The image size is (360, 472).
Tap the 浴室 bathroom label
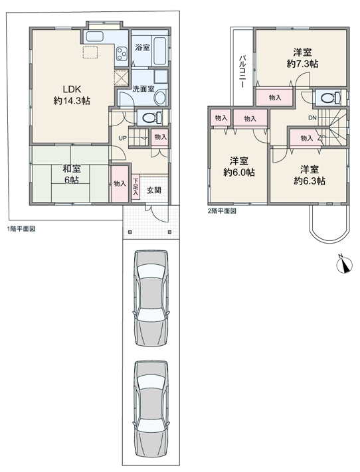(x=143, y=47)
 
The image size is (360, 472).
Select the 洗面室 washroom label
(x=143, y=89)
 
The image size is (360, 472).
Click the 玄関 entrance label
(x=153, y=190)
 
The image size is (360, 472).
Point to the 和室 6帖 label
(x=71, y=174)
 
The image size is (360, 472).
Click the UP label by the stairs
(x=122, y=138)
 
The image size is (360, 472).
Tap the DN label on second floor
(x=312, y=118)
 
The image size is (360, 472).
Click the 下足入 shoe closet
(x=135, y=187)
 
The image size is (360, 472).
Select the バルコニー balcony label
(x=242, y=71)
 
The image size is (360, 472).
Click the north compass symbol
(x=344, y=265)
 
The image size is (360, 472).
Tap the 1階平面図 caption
(x=21, y=229)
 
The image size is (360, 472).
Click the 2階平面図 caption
(x=222, y=210)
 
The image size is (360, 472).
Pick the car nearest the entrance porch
(x=151, y=298)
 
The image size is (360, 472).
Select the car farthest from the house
(x=151, y=410)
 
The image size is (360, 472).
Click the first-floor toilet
(x=152, y=118)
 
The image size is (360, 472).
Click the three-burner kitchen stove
(x=122, y=54)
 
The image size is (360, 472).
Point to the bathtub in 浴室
(x=159, y=50)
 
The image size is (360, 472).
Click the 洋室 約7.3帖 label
(x=302, y=58)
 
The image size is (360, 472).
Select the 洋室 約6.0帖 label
(x=239, y=167)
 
